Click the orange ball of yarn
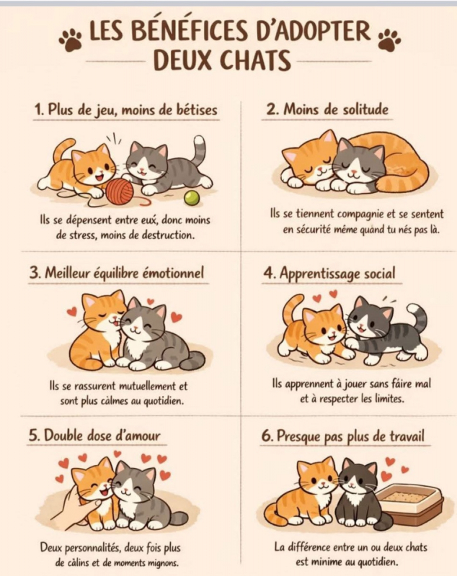pos(120,192)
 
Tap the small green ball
pos(192,199)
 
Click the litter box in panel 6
pos(411,503)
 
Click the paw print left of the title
pos(71,39)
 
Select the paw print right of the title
pos(390,39)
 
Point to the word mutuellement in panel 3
pos(152,387)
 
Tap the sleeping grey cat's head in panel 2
pos(358,161)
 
